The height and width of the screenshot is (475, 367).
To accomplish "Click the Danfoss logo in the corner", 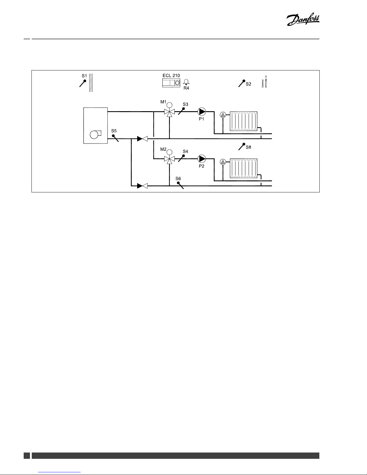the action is click(x=303, y=20).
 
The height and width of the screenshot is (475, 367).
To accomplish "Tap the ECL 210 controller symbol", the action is click(x=171, y=83).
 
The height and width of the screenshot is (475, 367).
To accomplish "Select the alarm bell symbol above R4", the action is click(x=186, y=82).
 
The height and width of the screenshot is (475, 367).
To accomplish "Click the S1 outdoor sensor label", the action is click(x=84, y=76).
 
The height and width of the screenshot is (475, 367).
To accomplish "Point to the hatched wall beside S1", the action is click(x=91, y=83).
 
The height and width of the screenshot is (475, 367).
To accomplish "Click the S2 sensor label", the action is click(x=248, y=84).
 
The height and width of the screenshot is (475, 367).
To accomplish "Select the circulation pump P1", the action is click(x=202, y=112).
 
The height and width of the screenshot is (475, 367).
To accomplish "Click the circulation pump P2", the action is click(x=202, y=159).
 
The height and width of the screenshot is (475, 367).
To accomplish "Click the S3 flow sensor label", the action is click(x=185, y=104).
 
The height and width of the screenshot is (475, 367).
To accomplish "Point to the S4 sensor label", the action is click(x=185, y=151).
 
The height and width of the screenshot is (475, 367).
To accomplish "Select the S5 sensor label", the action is click(x=114, y=131).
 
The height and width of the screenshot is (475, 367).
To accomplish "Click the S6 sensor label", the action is click(x=178, y=179).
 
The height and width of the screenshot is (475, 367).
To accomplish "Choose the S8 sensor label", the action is click(x=248, y=147).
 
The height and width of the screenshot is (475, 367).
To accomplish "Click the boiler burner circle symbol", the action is click(x=94, y=135).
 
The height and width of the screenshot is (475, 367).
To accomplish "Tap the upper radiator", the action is click(x=244, y=121).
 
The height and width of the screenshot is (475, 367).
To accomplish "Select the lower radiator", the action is click(x=244, y=168).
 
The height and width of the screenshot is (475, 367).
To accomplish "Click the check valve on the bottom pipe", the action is click(x=142, y=186).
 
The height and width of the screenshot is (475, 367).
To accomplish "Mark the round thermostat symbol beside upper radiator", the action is click(x=223, y=115).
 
